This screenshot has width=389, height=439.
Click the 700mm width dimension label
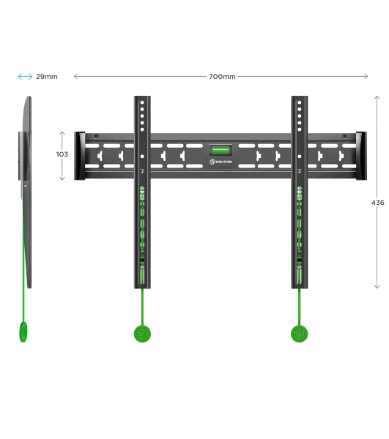(x=222, y=76)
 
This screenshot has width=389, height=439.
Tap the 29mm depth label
(x=47, y=76)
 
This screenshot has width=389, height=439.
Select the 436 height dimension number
(x=378, y=203)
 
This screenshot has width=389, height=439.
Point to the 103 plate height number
(x=62, y=154)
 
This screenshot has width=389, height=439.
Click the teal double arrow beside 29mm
(x=25, y=76)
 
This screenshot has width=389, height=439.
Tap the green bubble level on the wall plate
(x=221, y=150)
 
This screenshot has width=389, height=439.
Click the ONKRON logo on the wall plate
(x=221, y=162)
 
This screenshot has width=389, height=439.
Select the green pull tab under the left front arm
(x=142, y=334)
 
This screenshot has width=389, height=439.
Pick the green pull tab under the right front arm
(x=300, y=334)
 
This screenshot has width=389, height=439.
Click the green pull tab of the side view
(x=23, y=331)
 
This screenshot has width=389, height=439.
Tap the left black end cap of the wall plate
(x=80, y=156)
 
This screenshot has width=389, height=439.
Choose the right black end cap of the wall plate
(x=361, y=156)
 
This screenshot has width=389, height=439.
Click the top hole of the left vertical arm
(x=142, y=102)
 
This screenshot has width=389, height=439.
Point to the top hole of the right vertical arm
(x=300, y=102)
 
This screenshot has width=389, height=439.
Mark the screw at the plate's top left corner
(x=97, y=137)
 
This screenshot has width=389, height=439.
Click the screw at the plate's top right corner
(x=344, y=137)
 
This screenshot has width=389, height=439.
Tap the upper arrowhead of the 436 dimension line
(x=377, y=97)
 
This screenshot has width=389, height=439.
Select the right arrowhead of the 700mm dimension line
(x=366, y=76)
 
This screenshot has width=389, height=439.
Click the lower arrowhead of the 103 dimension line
(x=62, y=179)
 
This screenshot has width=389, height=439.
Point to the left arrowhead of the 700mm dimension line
(x=75, y=76)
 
